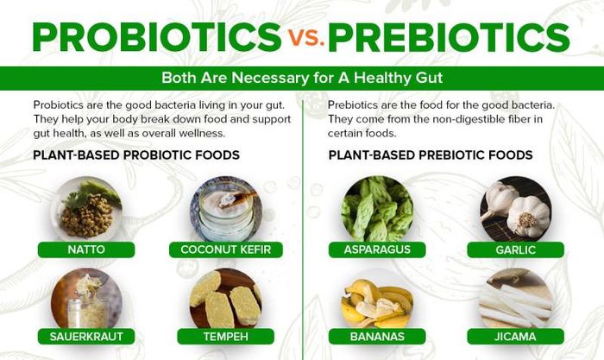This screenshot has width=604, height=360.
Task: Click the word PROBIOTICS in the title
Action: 157,37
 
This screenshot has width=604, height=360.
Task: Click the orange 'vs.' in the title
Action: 306,38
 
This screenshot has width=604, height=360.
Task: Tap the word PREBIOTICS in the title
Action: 450,37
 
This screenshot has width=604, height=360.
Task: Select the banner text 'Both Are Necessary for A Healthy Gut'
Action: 302,78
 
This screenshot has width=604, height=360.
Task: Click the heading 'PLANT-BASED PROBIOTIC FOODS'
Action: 136,155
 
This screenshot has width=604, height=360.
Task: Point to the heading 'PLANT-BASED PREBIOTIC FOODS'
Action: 431,155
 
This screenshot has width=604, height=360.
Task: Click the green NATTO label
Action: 86,249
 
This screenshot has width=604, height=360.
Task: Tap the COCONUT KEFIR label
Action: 226,249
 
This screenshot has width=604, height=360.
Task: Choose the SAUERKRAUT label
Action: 86,337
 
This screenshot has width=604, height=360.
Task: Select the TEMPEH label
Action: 226,337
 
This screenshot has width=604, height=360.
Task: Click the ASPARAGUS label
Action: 377,249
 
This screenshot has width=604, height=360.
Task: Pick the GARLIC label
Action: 515,249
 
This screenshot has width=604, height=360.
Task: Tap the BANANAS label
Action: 377,337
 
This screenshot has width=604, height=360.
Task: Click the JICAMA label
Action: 515,337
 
